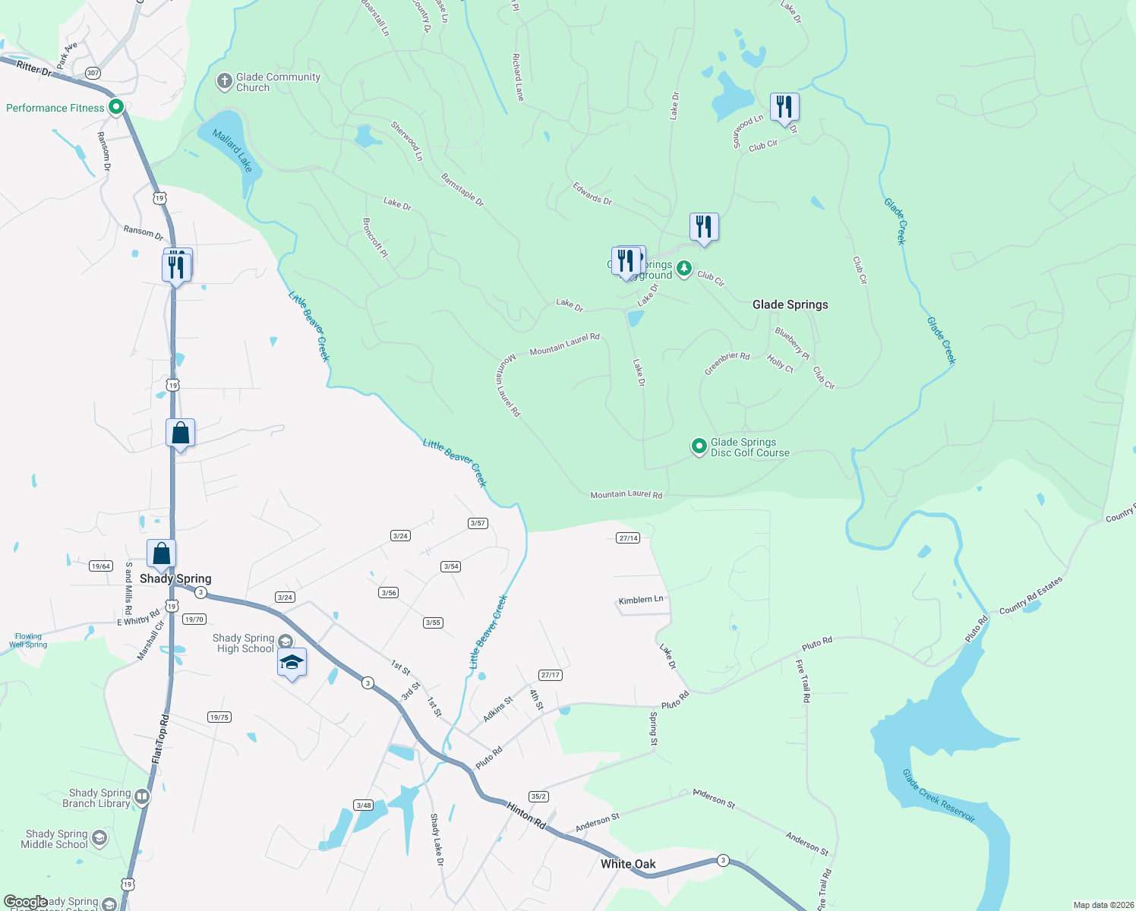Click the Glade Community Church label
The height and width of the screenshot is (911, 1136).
278,82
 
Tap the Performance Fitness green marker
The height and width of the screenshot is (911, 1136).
116,108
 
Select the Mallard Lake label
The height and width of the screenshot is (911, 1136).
232,150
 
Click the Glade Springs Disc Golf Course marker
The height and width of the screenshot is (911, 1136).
699,446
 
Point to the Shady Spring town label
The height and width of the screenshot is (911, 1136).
175,578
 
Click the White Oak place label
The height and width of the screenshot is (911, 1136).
628,864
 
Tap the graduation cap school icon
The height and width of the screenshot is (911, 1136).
292,663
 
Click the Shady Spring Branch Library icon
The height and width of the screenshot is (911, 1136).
142,796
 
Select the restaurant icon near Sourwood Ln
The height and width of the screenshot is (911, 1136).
784,107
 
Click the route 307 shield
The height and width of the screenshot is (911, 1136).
93,73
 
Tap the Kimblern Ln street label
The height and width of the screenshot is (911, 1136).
641,600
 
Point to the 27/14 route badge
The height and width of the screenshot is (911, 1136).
628,538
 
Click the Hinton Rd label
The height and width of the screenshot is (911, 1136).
526,816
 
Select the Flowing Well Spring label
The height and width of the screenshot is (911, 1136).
28,641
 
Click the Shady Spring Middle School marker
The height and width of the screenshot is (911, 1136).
99,838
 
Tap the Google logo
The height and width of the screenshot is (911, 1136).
25,902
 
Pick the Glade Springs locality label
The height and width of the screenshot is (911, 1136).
790,304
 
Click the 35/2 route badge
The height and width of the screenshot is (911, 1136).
538,796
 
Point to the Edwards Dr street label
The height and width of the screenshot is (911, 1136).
592,194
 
